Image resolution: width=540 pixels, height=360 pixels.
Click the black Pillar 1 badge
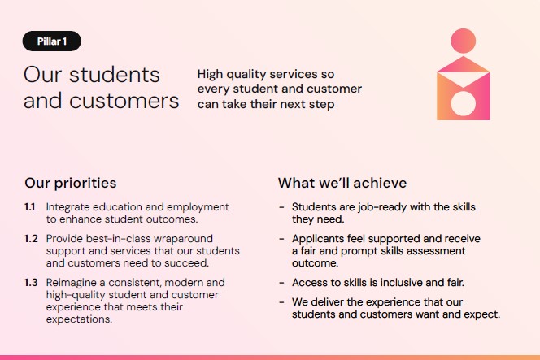pos(52,41)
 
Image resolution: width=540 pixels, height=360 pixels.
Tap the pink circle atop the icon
pos(464,41)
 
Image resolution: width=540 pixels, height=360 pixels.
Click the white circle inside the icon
pos(464,103)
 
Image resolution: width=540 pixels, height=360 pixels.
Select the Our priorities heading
pos(71,183)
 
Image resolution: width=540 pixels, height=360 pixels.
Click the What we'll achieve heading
pos(342,183)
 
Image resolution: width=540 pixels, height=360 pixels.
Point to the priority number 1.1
pos(29,207)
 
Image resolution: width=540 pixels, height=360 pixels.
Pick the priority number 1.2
pos(31,239)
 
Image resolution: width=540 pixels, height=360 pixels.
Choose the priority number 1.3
pos(31,283)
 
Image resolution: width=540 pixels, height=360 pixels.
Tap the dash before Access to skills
pos(281,283)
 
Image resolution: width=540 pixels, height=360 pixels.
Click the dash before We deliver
pos(281,302)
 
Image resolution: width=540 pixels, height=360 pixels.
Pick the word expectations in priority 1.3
pos(79,319)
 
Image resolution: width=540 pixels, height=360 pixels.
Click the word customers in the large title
pos(124,102)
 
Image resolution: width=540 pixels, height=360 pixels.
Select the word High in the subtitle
pos(210,74)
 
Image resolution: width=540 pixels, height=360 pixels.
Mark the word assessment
pos(436,251)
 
